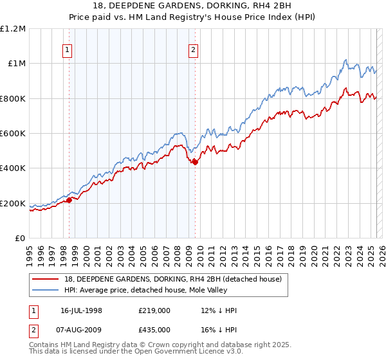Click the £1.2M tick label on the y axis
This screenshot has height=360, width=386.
[12, 28]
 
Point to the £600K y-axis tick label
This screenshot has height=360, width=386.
[13, 134]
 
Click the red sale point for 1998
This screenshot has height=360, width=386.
[69, 200]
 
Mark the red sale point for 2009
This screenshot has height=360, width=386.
[195, 162]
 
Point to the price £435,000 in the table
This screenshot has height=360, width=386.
[154, 329]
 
